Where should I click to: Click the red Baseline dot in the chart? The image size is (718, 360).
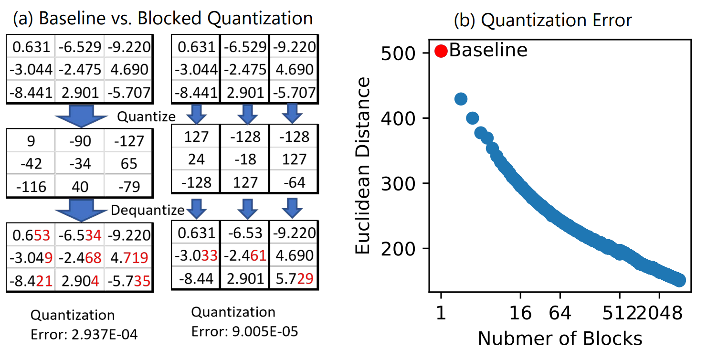point(441,51)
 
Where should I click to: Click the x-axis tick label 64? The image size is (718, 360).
point(560,314)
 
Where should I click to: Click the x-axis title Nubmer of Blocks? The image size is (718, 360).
point(560,339)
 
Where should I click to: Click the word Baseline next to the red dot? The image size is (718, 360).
point(488,50)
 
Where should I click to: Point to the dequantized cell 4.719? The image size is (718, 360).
point(128,257)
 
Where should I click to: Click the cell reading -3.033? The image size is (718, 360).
point(196,256)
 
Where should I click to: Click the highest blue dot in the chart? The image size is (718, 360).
point(461,99)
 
